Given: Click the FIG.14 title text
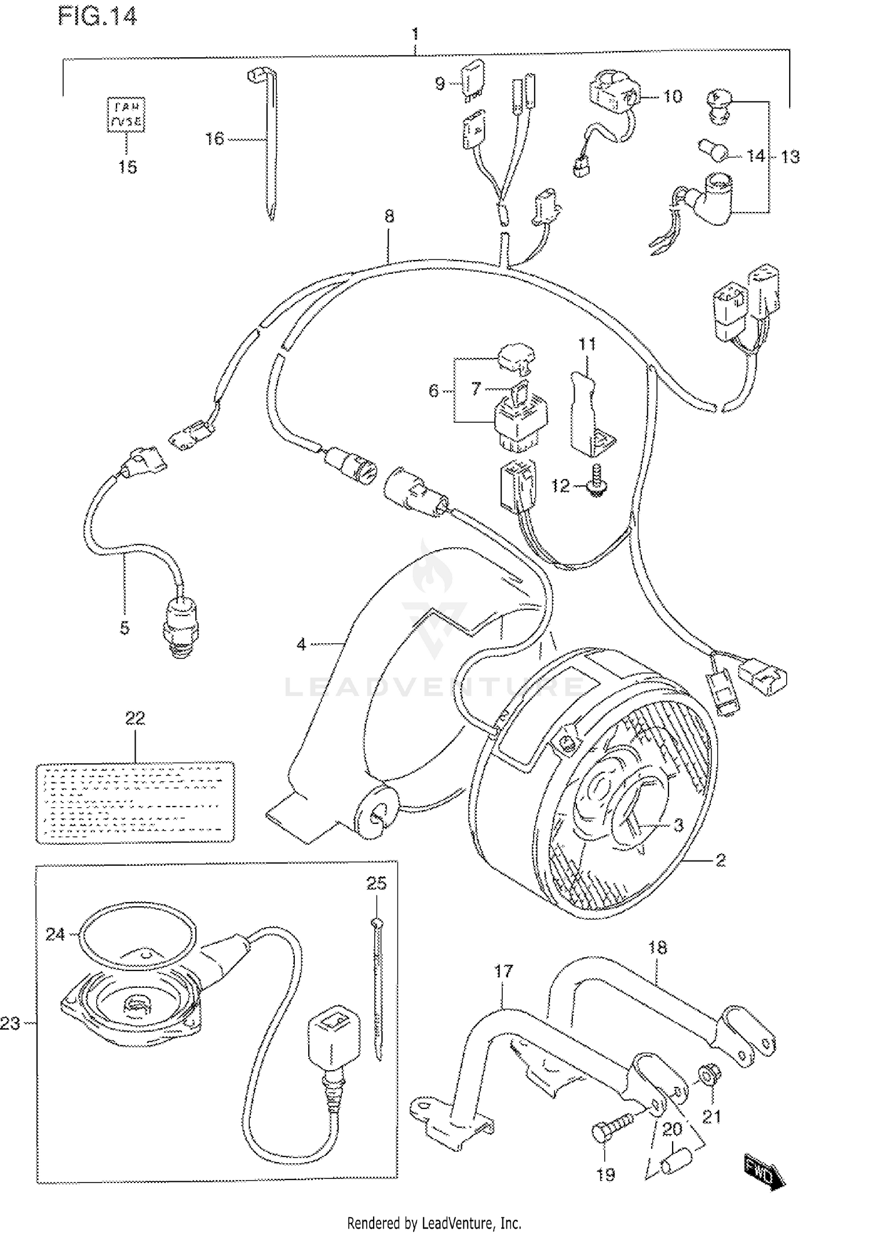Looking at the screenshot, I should tap(97, 17).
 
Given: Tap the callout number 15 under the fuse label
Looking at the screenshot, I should tap(127, 167).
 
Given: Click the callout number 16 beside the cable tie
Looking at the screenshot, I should tap(214, 139).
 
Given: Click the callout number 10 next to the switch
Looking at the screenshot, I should tap(672, 96).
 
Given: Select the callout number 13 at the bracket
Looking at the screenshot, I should tap(790, 157).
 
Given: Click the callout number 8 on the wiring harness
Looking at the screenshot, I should tap(389, 216).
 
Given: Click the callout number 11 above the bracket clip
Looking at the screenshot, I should tap(587, 345).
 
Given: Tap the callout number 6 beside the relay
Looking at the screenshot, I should tap(433, 391).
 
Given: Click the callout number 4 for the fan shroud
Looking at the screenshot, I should tap(301, 644).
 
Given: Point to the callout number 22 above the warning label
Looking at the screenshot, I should tap(135, 719).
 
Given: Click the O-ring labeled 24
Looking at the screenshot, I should tap(137, 933).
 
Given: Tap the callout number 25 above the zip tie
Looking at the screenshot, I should tap(377, 883).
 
